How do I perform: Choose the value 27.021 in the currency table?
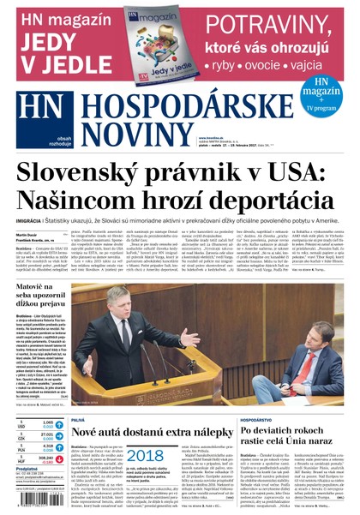click(47, 434)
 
